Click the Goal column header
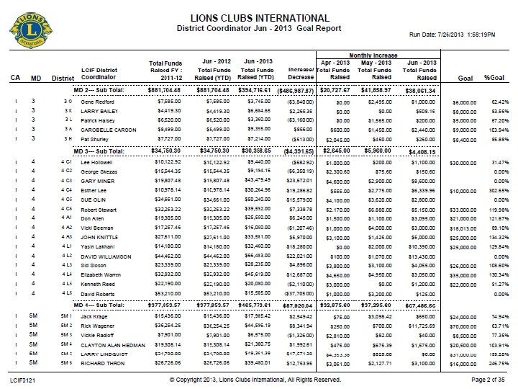click(465, 78)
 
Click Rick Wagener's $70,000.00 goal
click(465, 326)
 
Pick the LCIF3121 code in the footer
click(23, 378)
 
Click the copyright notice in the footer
click(258, 378)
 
